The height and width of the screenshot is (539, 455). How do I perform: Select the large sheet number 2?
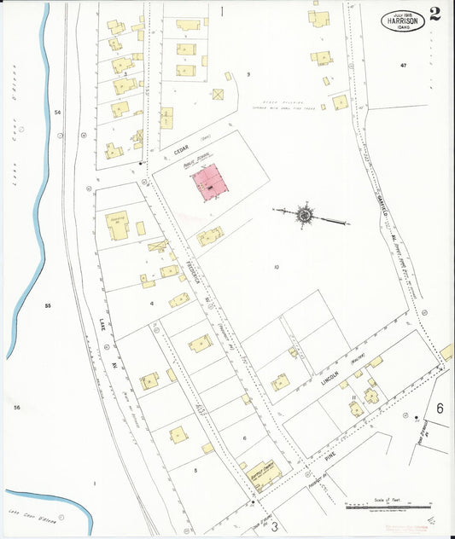coord(435,14)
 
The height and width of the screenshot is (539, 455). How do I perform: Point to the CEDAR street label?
coord(181,147)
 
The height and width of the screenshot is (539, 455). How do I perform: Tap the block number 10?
coord(277,267)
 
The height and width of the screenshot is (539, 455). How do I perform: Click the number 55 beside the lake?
coord(49,304)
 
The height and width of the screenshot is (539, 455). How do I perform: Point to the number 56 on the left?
coord(16,408)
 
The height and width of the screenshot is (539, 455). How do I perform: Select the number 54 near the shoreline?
coord(57,113)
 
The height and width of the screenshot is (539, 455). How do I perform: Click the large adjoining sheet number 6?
coord(440,409)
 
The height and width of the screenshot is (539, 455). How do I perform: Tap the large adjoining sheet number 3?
coord(275,527)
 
